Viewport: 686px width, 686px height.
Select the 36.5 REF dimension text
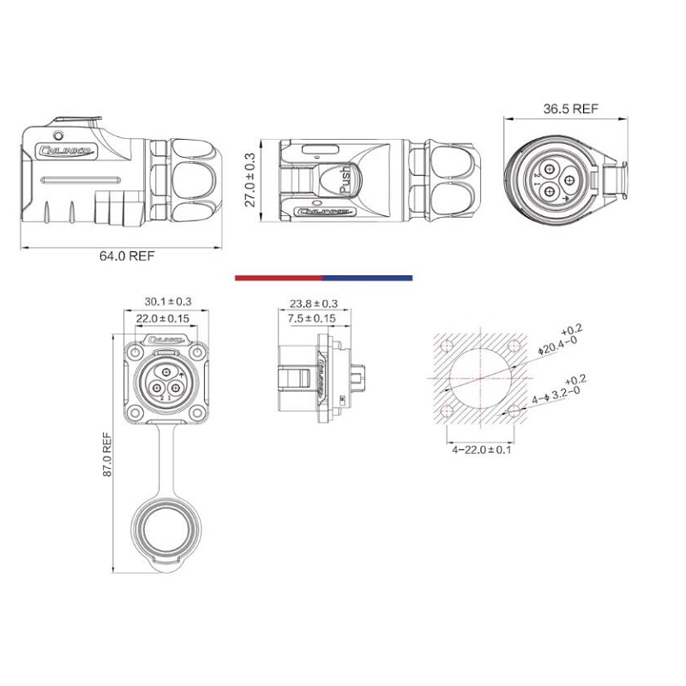[570, 109]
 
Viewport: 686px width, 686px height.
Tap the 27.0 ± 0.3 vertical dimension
[250, 181]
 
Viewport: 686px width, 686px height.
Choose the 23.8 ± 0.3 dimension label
[313, 304]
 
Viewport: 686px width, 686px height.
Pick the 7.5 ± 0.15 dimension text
[312, 318]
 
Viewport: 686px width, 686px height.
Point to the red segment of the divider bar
[278, 278]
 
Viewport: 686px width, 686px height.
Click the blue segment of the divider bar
[367, 278]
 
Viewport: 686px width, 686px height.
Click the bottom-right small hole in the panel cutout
[514, 412]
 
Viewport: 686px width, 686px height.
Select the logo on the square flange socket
[163, 340]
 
